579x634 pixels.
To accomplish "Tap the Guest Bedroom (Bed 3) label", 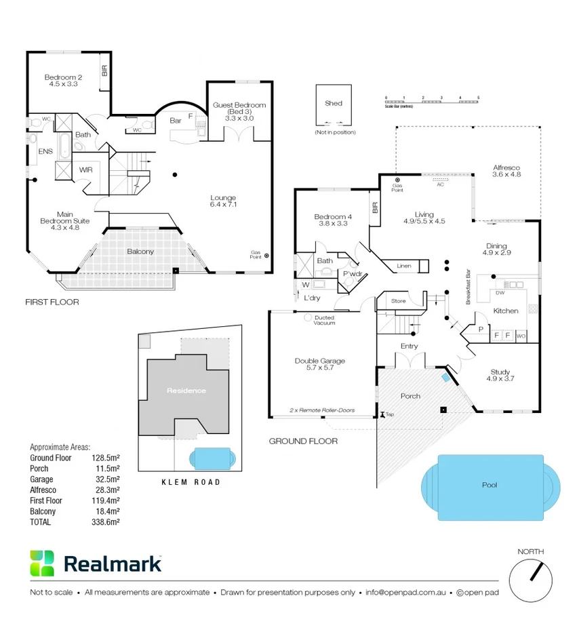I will point(239,111).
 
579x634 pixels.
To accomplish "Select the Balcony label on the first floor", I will point(140,252).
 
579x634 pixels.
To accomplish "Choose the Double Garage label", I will point(321,365).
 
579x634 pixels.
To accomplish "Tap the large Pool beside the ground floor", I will point(490,486).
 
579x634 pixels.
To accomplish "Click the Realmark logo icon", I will point(42,563).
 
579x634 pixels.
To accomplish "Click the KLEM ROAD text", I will point(191,482).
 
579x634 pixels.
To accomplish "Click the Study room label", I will point(501,375).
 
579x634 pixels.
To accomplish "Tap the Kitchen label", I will point(505,311).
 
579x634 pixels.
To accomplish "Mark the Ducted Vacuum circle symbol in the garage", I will point(308,317).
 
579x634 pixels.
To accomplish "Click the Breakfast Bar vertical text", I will point(468,289).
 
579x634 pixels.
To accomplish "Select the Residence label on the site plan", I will point(186,391).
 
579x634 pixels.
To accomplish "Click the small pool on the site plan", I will point(212,458).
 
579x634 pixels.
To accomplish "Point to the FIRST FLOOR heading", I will point(52,302).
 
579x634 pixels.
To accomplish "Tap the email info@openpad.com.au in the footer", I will point(405,592).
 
